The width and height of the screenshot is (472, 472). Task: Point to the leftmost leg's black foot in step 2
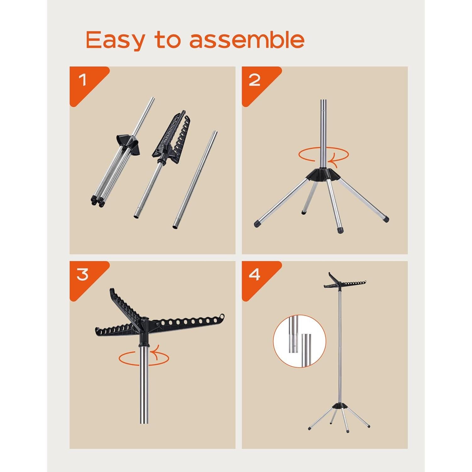coord(257,224)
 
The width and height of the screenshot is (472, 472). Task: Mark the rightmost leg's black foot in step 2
coord(386,219)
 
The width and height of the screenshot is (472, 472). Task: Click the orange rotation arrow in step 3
coord(143,358)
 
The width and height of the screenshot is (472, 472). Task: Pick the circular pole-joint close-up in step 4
coord(299,341)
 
